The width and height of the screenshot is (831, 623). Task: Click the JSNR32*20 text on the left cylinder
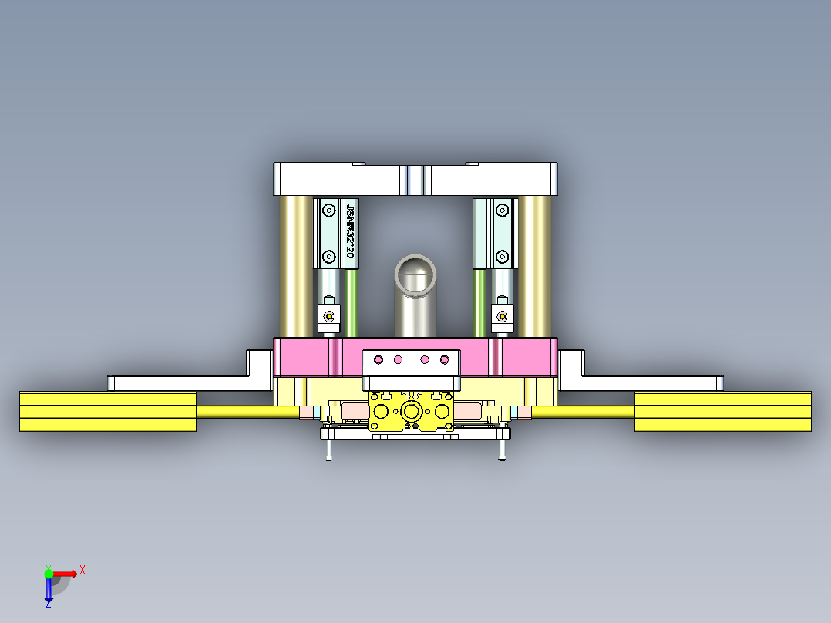pyautogui.click(x=351, y=231)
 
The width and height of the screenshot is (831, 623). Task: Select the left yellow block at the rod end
pyautogui.click(x=108, y=411)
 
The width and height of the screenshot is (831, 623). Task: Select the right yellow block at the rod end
pyautogui.click(x=722, y=411)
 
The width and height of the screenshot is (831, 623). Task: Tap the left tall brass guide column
pyautogui.click(x=296, y=266)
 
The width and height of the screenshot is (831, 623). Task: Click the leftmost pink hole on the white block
pyautogui.click(x=378, y=359)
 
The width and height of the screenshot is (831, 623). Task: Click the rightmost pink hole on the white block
pyautogui.click(x=443, y=359)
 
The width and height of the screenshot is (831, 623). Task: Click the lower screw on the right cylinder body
pyautogui.click(x=503, y=256)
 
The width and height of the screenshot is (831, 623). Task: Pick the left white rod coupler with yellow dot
pyautogui.click(x=329, y=315)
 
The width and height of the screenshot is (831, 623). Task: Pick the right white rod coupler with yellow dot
pyautogui.click(x=503, y=315)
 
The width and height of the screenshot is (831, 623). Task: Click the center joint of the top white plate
pyautogui.click(x=415, y=180)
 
